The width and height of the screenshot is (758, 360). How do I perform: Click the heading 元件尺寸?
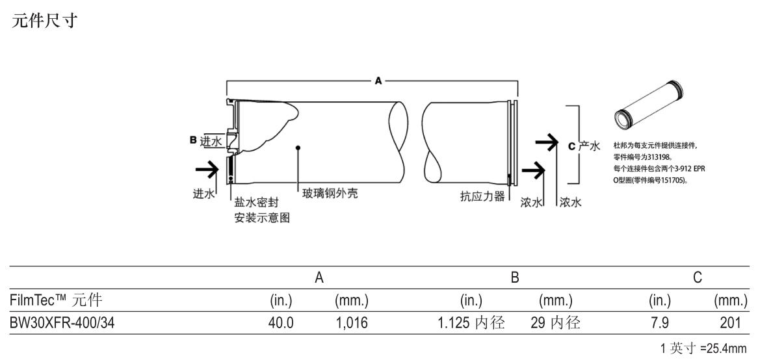44,21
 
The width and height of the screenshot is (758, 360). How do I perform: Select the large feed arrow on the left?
207,170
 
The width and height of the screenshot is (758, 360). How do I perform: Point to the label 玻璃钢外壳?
331,194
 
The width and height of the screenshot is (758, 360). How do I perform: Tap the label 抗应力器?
482,197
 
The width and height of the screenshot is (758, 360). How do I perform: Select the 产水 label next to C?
589,146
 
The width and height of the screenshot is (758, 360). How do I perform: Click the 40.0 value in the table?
281,322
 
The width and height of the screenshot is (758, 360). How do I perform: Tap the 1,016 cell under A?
351,322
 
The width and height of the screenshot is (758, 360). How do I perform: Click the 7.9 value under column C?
660,322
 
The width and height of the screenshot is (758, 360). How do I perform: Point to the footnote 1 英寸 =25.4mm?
703,348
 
